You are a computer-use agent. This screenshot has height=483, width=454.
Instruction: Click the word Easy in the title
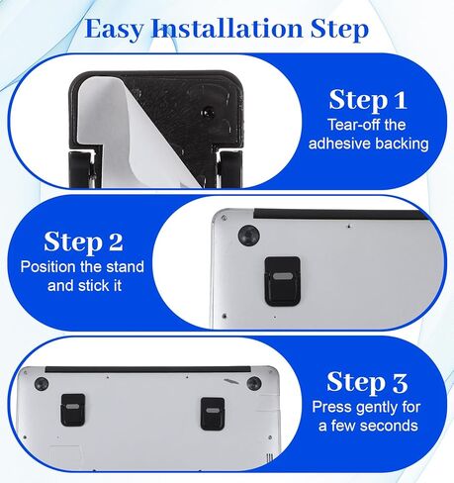coord(114,30)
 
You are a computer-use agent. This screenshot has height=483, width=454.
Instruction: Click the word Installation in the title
coord(227,28)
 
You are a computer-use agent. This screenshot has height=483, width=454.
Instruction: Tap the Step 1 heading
coord(368,99)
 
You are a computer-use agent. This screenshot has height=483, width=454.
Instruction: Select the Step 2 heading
coord(83,241)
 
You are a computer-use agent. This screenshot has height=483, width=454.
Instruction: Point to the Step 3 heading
coord(367,382)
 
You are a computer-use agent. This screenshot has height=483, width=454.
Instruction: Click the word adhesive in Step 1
coord(339,144)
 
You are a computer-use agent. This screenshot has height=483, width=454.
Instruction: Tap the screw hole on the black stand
coord(208,112)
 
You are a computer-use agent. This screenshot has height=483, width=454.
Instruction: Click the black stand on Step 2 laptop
coord(283,280)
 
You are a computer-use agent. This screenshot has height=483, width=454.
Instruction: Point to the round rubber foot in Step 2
coord(248,235)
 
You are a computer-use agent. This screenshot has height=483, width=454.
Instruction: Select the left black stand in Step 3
coord(72,410)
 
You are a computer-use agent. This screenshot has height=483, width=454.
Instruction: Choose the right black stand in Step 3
coord(213,414)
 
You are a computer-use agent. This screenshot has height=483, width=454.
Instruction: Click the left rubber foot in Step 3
coord(42,384)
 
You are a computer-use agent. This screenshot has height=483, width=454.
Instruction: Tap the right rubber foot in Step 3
coord(254,383)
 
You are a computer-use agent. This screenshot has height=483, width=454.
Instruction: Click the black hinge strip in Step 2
coord(339,214)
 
